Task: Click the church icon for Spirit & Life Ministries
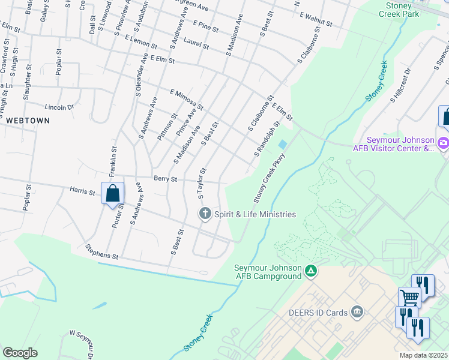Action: pyautogui.click(x=205, y=214)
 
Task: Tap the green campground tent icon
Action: pyautogui.click(x=311, y=272)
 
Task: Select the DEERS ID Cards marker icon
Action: pyautogui.click(x=357, y=311)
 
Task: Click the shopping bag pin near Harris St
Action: pyautogui.click(x=112, y=194)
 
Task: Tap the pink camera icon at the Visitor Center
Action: pyautogui.click(x=444, y=143)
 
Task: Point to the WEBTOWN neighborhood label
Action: pyautogui.click(x=27, y=121)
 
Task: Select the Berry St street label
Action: pyautogui.click(x=165, y=179)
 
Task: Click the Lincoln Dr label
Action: pyautogui.click(x=59, y=107)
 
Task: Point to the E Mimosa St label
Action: pyautogui.click(x=187, y=100)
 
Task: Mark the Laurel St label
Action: pyautogui.click(x=196, y=45)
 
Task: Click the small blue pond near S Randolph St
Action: pyautogui.click(x=282, y=145)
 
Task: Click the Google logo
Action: pyautogui.click(x=20, y=353)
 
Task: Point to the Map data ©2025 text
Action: pyautogui.click(x=423, y=355)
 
